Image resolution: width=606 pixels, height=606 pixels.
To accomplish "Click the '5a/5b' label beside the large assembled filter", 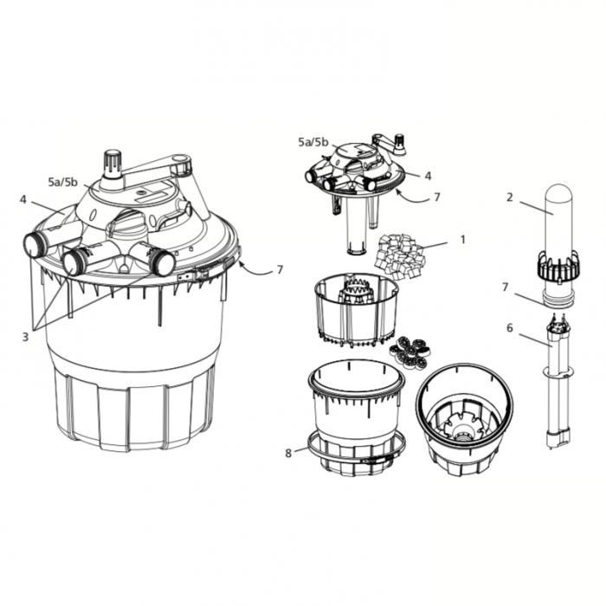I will point(63,182).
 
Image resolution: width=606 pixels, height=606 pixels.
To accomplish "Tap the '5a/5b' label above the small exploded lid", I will point(313,141).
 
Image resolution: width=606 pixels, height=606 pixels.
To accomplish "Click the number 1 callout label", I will point(462,238).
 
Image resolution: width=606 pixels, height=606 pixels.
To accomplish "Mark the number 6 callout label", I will point(510,328).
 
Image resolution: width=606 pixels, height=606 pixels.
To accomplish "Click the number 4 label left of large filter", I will point(23,200).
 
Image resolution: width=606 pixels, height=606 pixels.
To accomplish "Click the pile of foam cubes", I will point(399,252).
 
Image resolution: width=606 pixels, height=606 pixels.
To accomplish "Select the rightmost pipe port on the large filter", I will point(162,261).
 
